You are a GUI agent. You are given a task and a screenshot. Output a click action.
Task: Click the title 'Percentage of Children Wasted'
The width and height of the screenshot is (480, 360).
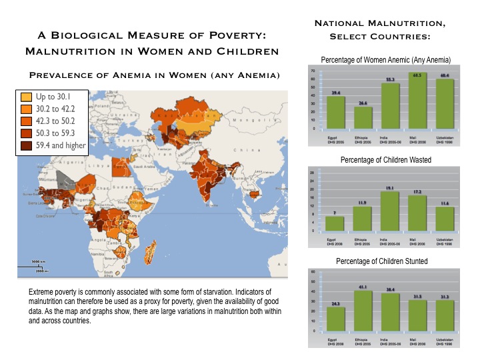385,160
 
